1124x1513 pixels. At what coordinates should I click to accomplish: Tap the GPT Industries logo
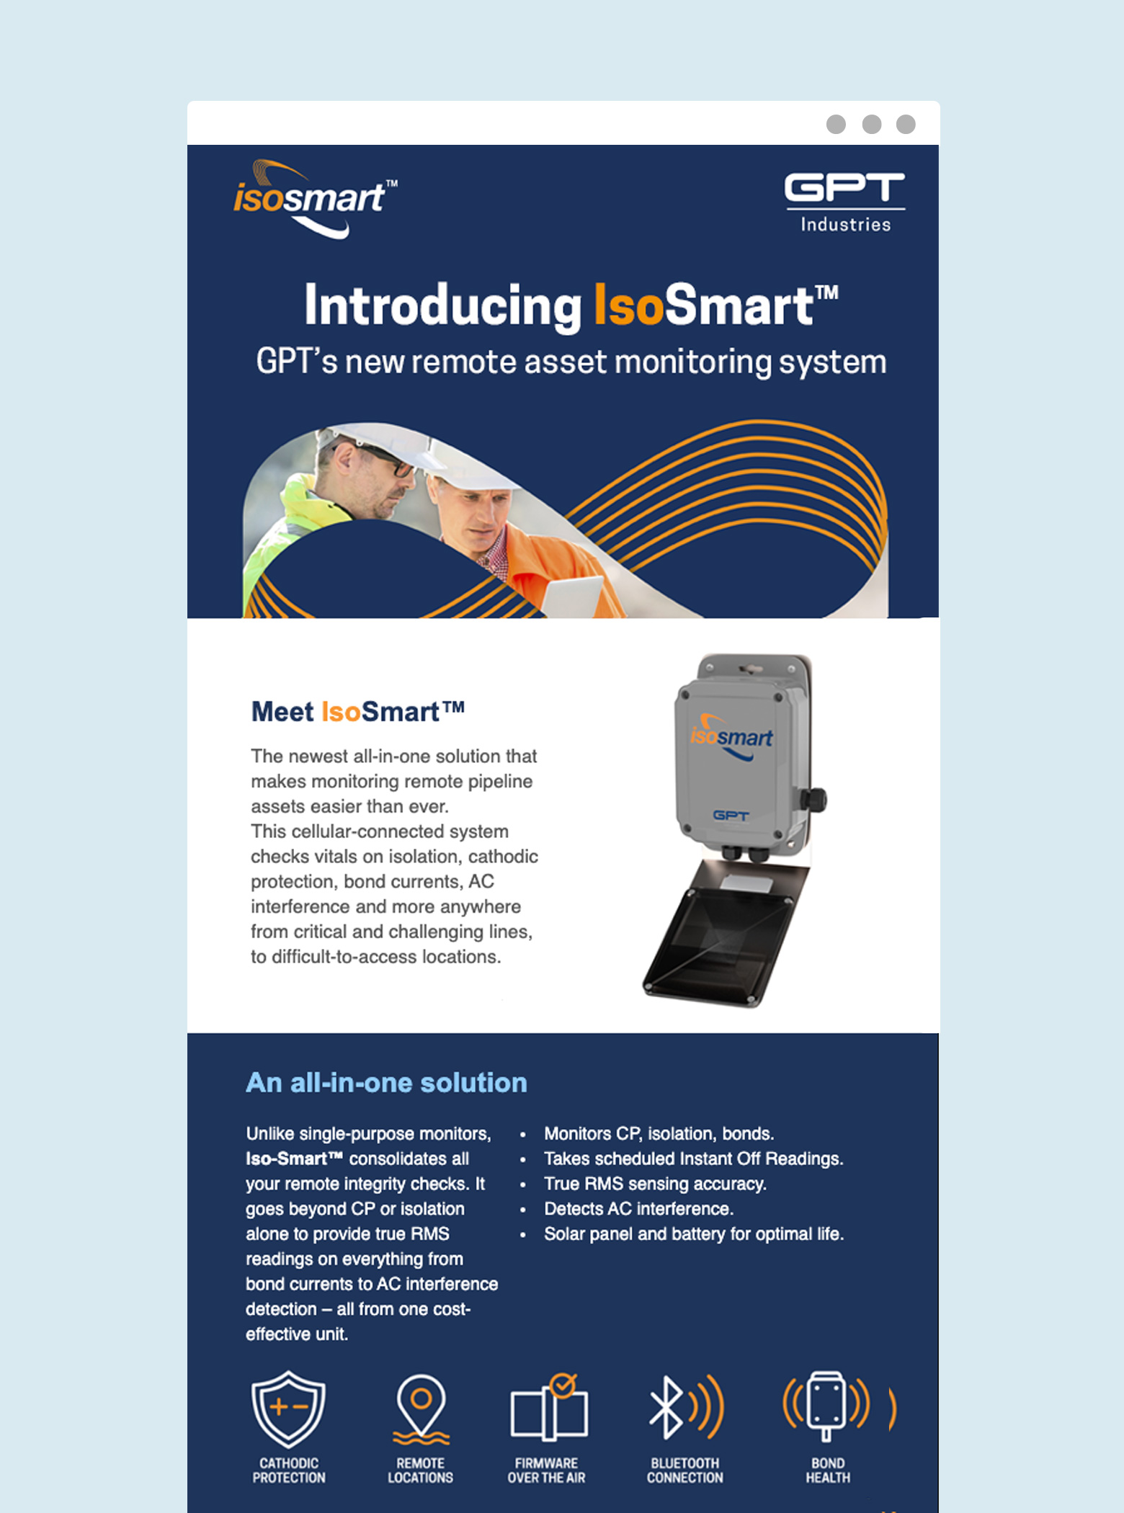click(x=844, y=202)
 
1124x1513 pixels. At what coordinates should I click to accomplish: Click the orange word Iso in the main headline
click(x=628, y=305)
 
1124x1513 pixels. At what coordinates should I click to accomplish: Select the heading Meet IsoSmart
click(x=357, y=712)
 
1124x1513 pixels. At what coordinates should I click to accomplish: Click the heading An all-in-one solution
click(x=386, y=1082)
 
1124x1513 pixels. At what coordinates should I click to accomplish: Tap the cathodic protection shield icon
click(x=288, y=1409)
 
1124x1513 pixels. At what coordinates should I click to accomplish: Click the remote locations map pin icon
click(x=421, y=1409)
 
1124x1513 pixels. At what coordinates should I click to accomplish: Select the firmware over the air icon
click(x=549, y=1407)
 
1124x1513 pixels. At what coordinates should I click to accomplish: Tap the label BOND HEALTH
click(x=828, y=1470)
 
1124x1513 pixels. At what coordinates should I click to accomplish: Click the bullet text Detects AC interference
click(x=638, y=1208)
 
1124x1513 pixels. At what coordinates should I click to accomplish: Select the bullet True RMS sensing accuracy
click(x=655, y=1184)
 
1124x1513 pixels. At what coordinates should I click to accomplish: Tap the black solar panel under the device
click(x=724, y=933)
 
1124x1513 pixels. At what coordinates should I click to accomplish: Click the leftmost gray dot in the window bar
click(x=836, y=125)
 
